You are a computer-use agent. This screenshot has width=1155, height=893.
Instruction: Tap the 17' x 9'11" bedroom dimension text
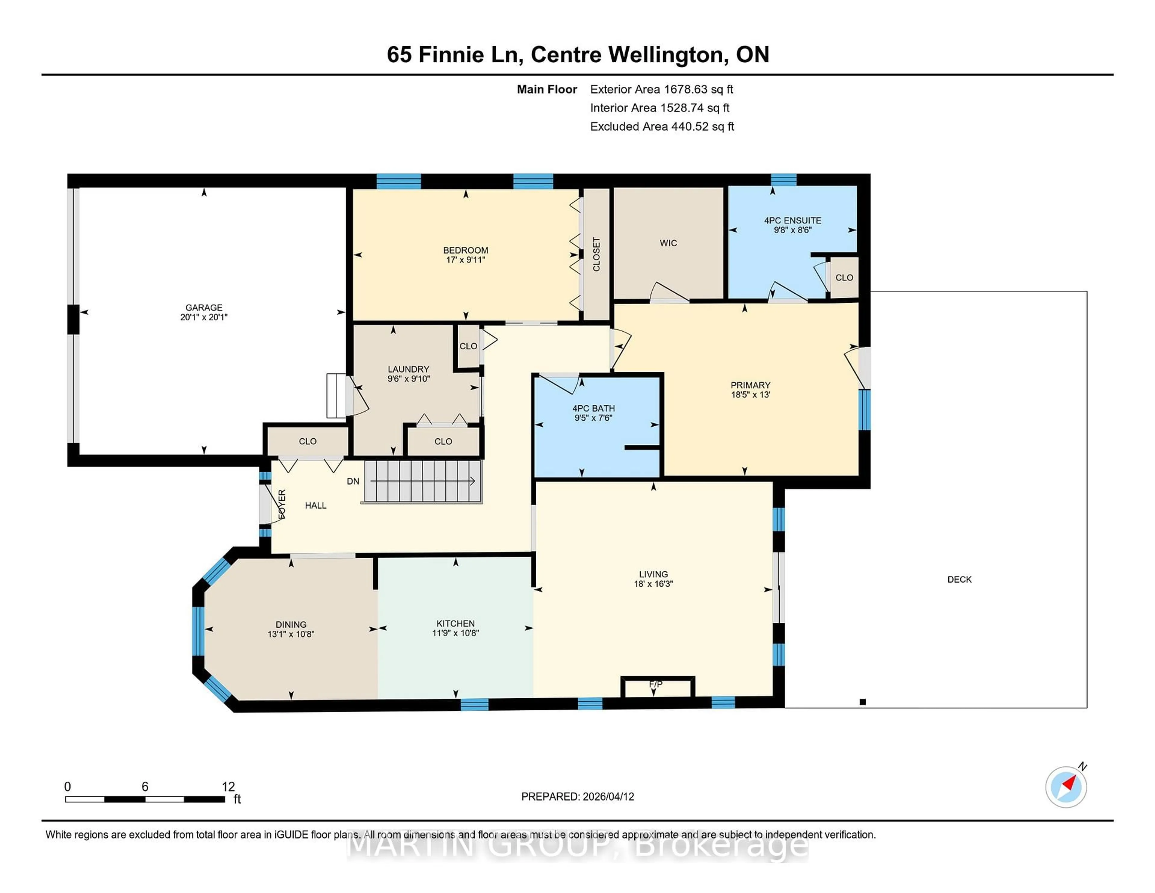[465, 260]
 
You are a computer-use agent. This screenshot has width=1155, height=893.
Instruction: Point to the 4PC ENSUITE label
[792, 221]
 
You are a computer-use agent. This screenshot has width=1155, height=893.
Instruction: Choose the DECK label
[959, 579]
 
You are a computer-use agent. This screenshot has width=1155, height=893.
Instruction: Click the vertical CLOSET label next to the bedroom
[596, 255]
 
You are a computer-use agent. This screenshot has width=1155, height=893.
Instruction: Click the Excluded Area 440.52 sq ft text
[662, 126]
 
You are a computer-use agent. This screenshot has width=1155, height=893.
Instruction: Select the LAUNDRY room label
[408, 369]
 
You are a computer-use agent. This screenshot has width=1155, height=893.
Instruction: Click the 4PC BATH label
[593, 408]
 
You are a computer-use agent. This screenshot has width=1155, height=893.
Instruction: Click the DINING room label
[291, 624]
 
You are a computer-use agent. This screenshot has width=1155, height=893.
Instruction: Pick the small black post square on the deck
[863, 702]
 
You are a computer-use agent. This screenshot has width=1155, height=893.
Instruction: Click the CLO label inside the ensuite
[844, 278]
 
